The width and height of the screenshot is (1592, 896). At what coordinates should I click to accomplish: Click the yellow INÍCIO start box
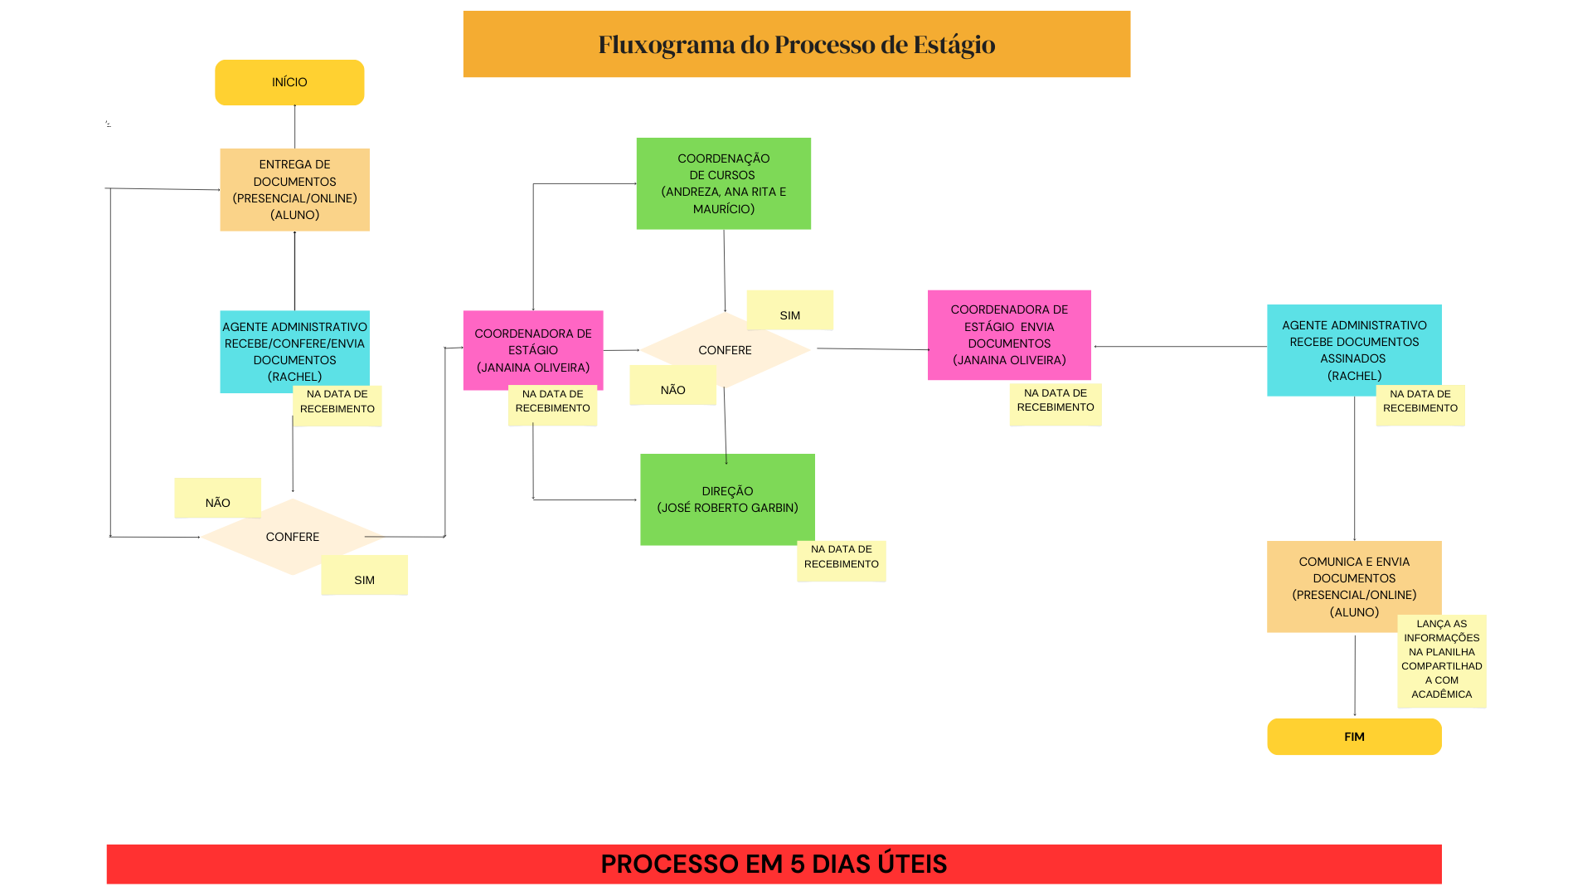click(x=289, y=82)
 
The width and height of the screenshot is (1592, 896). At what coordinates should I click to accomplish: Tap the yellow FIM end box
click(x=1354, y=737)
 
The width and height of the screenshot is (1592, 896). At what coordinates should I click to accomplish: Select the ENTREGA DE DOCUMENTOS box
click(x=294, y=189)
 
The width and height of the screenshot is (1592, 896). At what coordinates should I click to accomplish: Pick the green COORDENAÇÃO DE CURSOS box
click(x=723, y=183)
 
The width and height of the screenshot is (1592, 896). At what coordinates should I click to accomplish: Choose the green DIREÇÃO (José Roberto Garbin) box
click(x=727, y=499)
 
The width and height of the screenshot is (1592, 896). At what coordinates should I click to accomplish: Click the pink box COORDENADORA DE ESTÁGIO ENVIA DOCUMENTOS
click(x=1009, y=334)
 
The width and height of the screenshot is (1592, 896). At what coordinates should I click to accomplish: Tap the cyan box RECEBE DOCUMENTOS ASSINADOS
click(x=1354, y=349)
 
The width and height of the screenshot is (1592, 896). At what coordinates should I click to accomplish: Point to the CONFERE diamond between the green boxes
click(x=725, y=350)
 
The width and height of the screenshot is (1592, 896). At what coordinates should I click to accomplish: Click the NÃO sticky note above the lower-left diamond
click(x=217, y=498)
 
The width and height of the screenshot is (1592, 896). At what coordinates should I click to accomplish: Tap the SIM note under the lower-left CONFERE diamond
click(x=364, y=575)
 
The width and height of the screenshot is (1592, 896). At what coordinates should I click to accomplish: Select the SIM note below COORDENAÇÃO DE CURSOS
click(x=789, y=310)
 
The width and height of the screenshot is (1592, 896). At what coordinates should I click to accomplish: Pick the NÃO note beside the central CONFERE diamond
click(x=672, y=385)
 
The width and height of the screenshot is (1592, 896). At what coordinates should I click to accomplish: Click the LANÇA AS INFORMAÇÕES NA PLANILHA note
click(x=1441, y=660)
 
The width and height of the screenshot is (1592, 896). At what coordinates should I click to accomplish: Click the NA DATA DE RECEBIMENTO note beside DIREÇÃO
click(x=841, y=561)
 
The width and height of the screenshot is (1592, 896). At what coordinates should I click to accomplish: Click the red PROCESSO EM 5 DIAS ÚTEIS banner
click(x=774, y=864)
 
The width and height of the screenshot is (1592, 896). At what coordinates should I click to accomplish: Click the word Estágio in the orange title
click(x=954, y=44)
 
